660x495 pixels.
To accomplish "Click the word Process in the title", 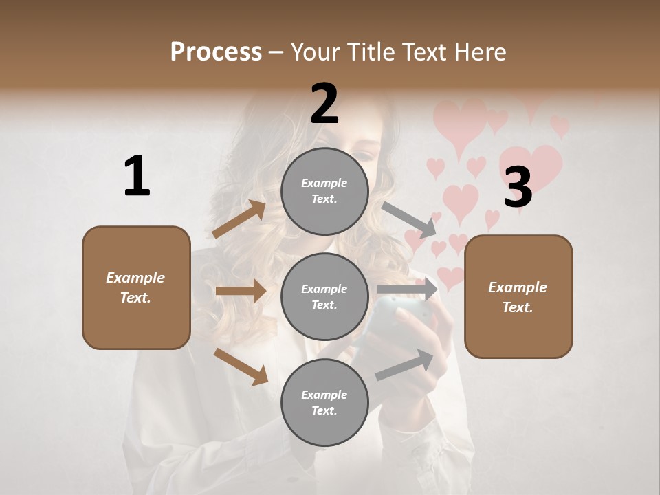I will tap(216, 52).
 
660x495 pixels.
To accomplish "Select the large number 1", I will tap(137, 177).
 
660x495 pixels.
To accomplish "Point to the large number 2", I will tap(324, 104).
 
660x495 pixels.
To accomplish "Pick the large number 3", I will tap(518, 187).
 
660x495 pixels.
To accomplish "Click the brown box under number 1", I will tap(136, 287).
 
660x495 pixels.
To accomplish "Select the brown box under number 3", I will tap(518, 296).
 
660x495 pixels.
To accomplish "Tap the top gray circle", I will tap(324, 191).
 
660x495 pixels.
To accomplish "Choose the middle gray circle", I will tap(324, 296).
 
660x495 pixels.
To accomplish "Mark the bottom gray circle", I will tap(324, 402).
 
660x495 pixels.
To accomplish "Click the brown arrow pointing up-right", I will tap(239, 219).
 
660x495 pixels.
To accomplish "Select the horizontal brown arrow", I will tap(241, 291).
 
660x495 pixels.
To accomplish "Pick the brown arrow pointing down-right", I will tap(241, 366).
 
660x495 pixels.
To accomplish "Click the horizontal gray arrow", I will tap(407, 289).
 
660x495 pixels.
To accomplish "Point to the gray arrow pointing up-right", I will tap(405, 365).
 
